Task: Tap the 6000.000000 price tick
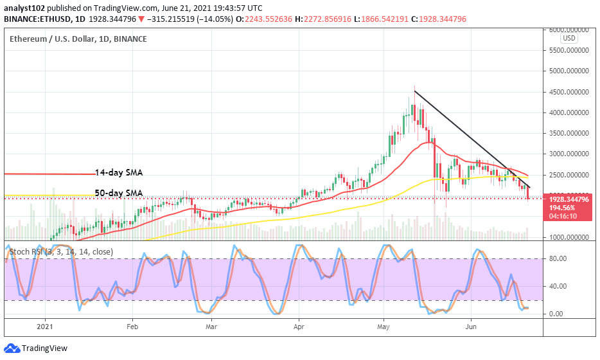tap(569, 30)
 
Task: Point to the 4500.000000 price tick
tap(569, 92)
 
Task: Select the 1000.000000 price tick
tap(569, 237)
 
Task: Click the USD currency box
tap(569, 39)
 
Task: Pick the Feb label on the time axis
tap(132, 327)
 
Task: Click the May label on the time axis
tap(384, 327)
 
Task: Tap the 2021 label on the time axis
tap(45, 327)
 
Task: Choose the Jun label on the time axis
tap(471, 327)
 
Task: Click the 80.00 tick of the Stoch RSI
tap(556, 258)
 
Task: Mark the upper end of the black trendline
tap(414, 91)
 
